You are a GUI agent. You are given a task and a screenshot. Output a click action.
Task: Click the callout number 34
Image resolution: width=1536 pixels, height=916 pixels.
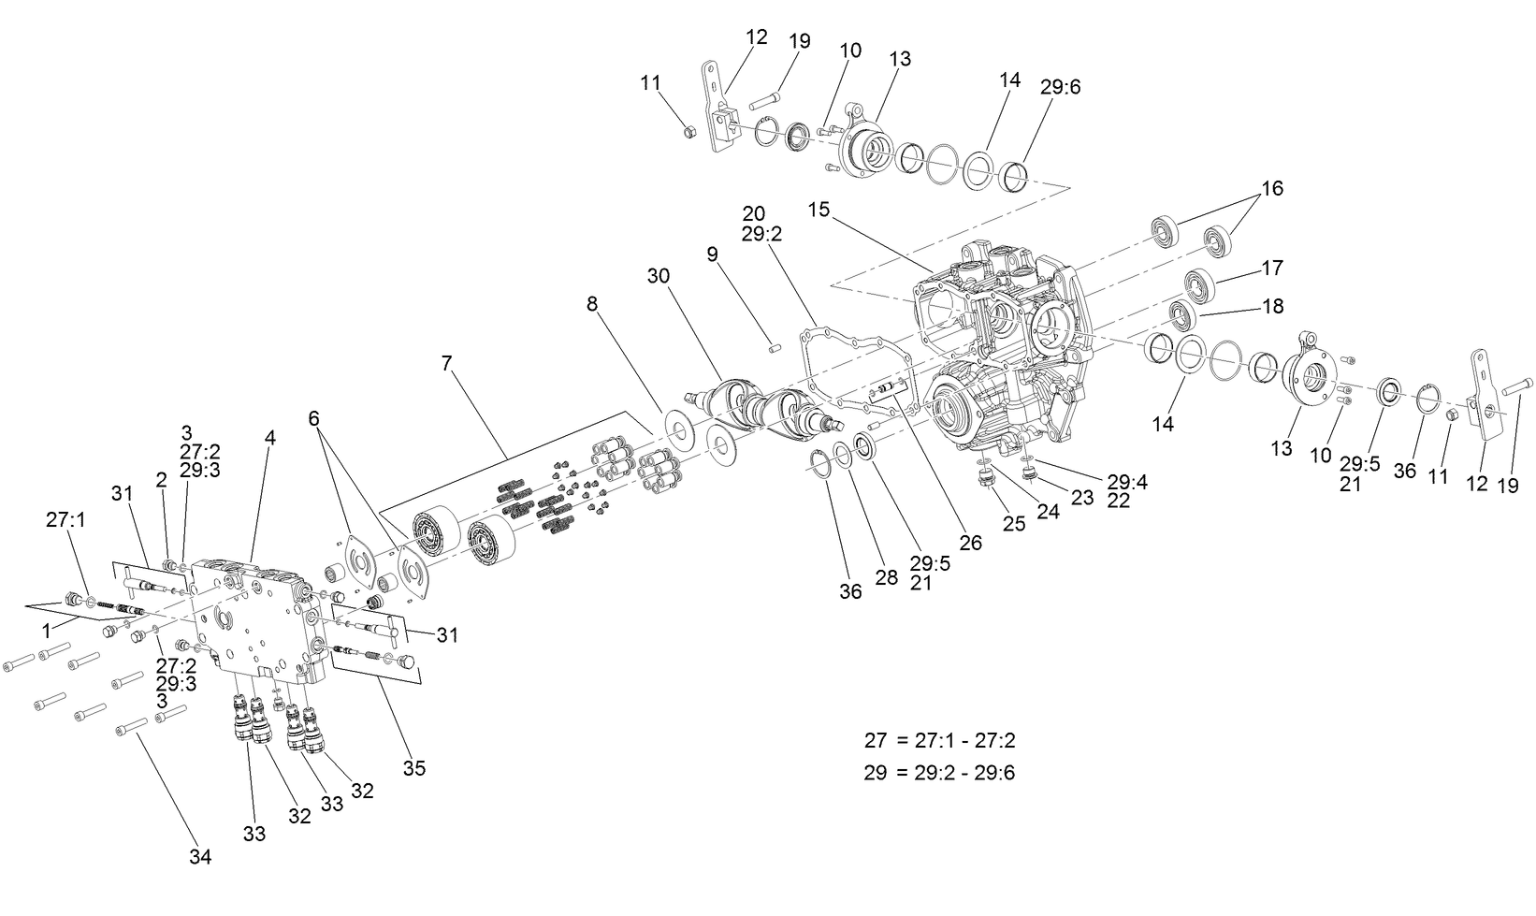click(x=199, y=856)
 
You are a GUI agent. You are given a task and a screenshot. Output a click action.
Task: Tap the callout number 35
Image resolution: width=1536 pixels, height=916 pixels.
click(x=414, y=768)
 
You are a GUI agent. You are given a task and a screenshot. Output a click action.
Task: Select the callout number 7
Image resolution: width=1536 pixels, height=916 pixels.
click(x=447, y=362)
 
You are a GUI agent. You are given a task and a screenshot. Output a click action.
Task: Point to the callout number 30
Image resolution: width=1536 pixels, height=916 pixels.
click(x=659, y=276)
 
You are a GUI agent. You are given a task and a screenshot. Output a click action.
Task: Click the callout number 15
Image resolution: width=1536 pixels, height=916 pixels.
click(x=819, y=210)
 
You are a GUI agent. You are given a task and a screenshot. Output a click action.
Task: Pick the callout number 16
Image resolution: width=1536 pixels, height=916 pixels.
click(x=1271, y=188)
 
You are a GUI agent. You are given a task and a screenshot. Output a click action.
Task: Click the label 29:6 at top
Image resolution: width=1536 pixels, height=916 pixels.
click(x=1060, y=87)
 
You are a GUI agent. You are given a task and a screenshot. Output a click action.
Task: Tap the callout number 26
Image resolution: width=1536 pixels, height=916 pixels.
click(x=971, y=542)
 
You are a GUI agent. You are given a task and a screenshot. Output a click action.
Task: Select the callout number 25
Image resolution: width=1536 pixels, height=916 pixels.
click(x=1014, y=524)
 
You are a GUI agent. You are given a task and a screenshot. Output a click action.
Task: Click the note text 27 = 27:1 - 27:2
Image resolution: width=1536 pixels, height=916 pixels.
click(x=939, y=740)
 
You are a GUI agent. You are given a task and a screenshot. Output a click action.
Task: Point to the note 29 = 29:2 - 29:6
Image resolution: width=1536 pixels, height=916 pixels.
click(x=939, y=773)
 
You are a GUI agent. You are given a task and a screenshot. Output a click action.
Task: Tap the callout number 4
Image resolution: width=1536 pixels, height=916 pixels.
click(x=269, y=437)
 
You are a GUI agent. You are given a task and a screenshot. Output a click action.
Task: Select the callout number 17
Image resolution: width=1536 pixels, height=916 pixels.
click(x=1271, y=268)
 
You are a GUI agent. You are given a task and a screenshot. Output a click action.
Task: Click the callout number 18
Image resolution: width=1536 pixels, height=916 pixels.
click(x=1271, y=306)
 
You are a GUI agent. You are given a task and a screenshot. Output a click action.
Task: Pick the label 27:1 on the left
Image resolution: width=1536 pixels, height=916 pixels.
click(x=65, y=519)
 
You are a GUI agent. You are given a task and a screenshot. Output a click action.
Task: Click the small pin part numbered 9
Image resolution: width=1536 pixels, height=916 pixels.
click(x=775, y=349)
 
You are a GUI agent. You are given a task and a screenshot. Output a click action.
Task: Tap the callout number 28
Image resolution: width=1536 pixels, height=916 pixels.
click(x=886, y=576)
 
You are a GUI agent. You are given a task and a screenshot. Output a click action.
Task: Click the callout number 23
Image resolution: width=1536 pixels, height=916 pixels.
click(x=1081, y=498)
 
